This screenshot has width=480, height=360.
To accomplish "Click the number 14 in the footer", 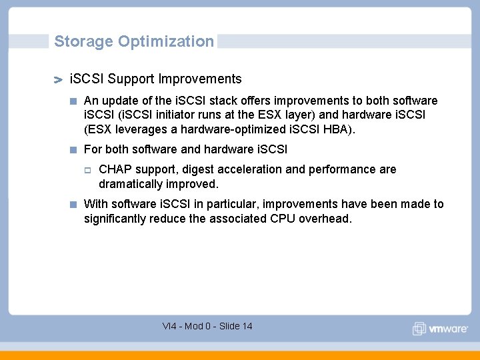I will tap(247, 326).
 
